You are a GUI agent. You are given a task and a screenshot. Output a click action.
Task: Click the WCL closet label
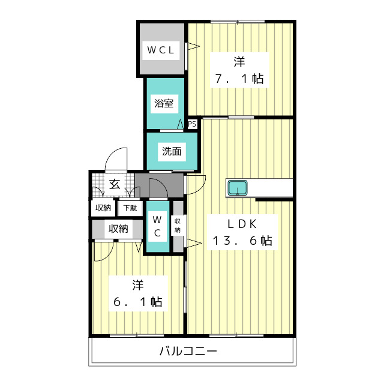click(161, 50)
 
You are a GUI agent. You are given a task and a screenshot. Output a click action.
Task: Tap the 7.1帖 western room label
click(239, 70)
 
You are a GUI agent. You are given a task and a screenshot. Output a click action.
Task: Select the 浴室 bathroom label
click(164, 103)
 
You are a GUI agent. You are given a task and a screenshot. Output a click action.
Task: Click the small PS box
click(192, 124)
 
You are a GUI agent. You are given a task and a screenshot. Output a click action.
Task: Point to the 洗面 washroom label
click(172, 151)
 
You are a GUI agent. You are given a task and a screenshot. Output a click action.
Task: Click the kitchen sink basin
click(238, 188)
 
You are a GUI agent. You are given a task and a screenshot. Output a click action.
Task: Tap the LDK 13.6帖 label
click(242, 232)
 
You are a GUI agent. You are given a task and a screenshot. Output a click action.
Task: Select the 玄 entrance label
click(115, 184)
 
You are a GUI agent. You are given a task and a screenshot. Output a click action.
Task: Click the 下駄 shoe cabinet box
click(130, 208)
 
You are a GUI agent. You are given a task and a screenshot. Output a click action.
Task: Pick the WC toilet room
click(157, 227)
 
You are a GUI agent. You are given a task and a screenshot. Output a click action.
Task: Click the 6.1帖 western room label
click(137, 293)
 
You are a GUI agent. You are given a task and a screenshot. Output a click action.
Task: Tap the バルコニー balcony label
click(188, 352)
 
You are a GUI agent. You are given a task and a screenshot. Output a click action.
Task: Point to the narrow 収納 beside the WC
click(178, 226)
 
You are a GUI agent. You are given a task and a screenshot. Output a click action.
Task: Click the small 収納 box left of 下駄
click(103, 208)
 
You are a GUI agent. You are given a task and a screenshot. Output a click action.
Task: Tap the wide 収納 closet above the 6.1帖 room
click(118, 229)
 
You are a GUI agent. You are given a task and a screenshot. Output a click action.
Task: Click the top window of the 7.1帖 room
click(238, 22)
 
